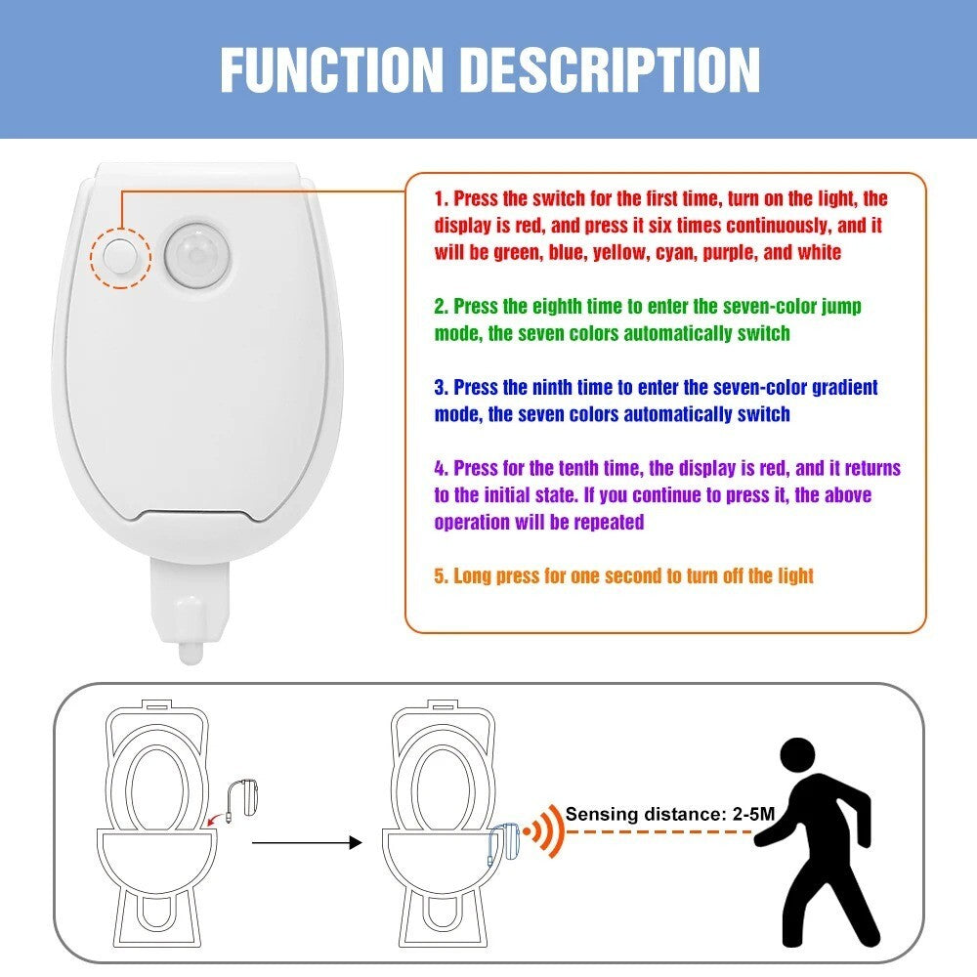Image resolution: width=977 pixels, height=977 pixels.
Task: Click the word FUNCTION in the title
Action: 331,69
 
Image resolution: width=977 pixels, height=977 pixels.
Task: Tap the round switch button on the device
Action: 120,255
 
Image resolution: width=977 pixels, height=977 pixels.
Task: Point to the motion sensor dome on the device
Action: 197,255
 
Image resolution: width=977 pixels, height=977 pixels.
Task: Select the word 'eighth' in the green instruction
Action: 558,307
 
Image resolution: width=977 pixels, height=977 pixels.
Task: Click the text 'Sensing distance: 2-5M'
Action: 670,814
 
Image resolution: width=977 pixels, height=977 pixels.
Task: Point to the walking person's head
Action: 797,756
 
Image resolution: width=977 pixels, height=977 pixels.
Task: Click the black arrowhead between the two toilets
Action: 356,843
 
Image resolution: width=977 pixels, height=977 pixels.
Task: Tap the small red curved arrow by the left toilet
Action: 219,818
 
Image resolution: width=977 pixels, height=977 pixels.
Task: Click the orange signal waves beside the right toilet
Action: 546,831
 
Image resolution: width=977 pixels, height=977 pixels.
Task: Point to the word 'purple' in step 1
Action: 729,252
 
